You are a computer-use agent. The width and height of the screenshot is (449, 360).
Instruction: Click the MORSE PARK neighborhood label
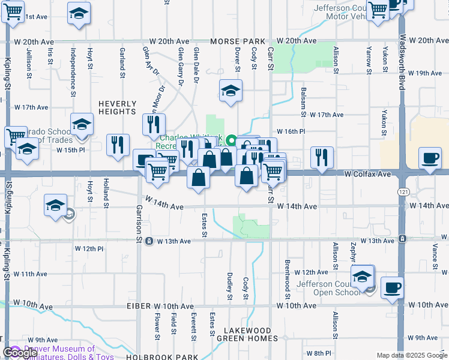pos(238,41)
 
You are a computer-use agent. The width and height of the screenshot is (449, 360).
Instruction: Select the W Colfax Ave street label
pos(367,173)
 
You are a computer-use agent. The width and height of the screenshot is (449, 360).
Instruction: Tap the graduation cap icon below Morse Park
pos(231,91)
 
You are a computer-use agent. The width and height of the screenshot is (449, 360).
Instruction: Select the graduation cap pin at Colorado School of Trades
pos(82,125)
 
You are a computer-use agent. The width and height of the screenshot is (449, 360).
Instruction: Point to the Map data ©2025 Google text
pos(412,355)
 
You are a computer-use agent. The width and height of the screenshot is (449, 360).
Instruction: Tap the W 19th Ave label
pos(424,73)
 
